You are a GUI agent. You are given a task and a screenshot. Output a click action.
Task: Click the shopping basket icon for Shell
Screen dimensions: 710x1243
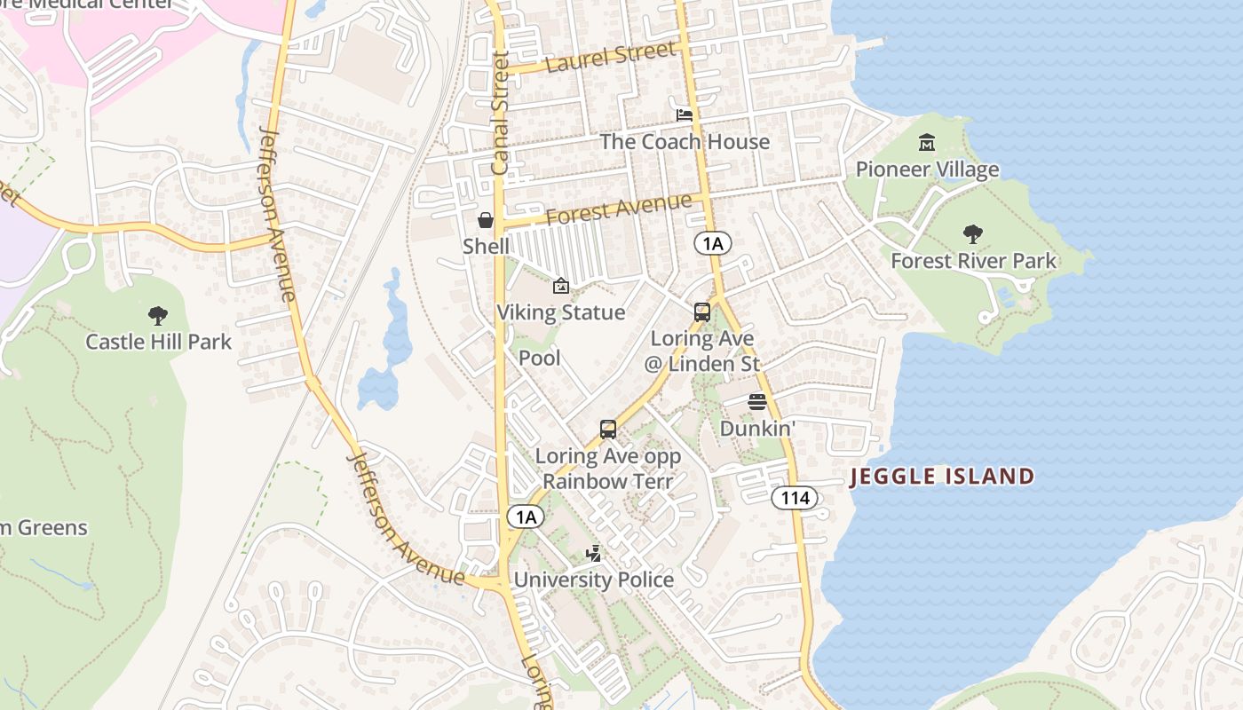click(486, 220)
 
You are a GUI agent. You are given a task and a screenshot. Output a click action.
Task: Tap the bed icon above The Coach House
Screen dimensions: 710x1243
click(685, 115)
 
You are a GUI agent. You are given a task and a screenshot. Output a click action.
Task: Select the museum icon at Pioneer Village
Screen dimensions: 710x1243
click(927, 143)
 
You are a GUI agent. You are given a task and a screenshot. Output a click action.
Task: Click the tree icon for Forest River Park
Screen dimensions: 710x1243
click(973, 234)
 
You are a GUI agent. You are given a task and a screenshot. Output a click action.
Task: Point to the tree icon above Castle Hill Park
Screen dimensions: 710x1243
click(158, 315)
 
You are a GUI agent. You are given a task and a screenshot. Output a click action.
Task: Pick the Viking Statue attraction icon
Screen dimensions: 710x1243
click(560, 286)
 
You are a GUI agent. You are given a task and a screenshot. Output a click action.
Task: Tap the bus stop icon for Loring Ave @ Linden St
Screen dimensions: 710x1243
click(701, 312)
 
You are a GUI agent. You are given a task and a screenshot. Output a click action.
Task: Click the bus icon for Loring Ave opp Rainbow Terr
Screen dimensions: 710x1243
click(608, 430)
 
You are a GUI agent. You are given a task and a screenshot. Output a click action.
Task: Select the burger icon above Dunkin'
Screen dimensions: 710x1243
click(756, 402)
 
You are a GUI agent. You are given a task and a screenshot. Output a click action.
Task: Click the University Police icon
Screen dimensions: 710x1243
click(594, 554)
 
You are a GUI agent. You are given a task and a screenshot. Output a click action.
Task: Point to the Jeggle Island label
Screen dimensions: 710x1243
click(942, 477)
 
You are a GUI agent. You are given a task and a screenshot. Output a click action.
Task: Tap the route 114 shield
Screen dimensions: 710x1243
click(794, 498)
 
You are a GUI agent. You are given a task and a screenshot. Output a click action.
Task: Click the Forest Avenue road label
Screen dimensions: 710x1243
click(618, 209)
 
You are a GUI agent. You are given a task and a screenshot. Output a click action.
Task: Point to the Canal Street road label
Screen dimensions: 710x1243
click(501, 113)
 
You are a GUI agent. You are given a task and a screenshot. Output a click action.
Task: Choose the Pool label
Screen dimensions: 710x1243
click(540, 358)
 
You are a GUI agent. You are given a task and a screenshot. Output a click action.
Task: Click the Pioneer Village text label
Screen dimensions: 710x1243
click(927, 170)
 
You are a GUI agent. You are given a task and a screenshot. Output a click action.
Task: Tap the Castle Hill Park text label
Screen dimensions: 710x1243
click(158, 342)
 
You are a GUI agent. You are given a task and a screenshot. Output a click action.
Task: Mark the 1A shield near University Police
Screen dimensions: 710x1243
click(526, 517)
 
